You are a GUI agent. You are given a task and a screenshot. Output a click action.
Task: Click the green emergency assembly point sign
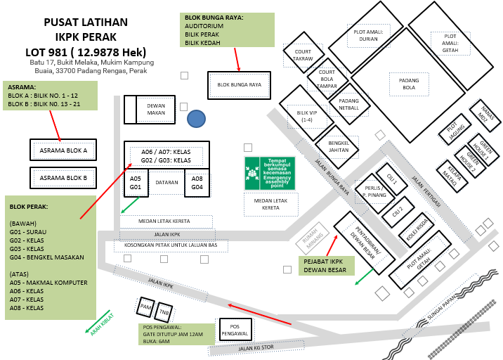270,173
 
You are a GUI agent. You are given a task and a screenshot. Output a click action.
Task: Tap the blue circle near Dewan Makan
197,120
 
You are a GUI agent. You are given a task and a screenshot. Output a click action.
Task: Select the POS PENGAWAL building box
235,329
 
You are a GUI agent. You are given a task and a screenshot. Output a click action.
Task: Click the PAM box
146,307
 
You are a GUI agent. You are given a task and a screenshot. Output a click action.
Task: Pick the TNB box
164,311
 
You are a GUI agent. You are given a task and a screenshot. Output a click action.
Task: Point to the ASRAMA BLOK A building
63,150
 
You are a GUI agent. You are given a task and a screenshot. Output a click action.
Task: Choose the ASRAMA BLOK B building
63,178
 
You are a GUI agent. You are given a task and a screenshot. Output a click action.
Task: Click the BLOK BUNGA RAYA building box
240,85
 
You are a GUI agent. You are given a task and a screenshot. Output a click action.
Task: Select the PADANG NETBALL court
349,103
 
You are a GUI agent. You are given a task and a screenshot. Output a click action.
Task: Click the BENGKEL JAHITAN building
338,146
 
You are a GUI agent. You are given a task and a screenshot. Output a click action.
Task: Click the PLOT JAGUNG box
457,129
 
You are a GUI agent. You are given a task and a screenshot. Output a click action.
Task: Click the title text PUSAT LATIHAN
86,22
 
